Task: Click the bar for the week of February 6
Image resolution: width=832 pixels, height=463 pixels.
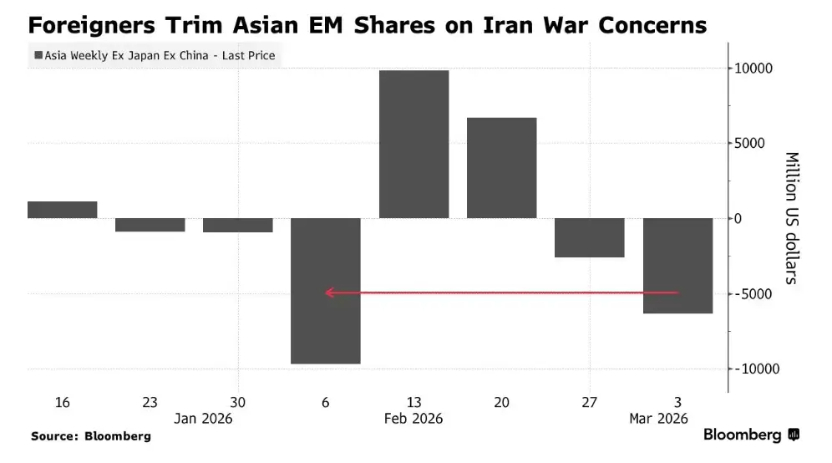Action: point(325,290)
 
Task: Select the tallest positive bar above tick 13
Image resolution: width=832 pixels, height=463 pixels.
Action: point(413,144)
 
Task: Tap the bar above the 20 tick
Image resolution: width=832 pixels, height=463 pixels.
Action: point(501,167)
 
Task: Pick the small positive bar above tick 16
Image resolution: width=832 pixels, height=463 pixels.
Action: point(63,210)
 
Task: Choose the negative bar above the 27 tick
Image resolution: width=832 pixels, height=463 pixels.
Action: point(589,237)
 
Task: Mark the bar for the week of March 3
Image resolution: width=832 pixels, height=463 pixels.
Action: point(677,265)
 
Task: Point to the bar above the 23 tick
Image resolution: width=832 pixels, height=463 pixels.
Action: point(150,224)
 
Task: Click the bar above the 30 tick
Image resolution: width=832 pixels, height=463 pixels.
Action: point(238,225)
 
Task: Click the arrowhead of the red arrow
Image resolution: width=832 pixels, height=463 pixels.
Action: point(329,293)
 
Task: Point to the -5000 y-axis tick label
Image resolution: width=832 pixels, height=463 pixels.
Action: point(756,294)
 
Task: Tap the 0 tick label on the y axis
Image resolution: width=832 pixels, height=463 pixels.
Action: point(738,219)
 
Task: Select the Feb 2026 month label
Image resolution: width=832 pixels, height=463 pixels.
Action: point(413,419)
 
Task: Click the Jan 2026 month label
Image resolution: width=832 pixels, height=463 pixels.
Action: point(203,419)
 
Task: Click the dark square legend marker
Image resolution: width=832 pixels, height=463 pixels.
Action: point(38,57)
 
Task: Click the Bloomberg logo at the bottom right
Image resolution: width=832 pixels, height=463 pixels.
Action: point(751,435)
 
